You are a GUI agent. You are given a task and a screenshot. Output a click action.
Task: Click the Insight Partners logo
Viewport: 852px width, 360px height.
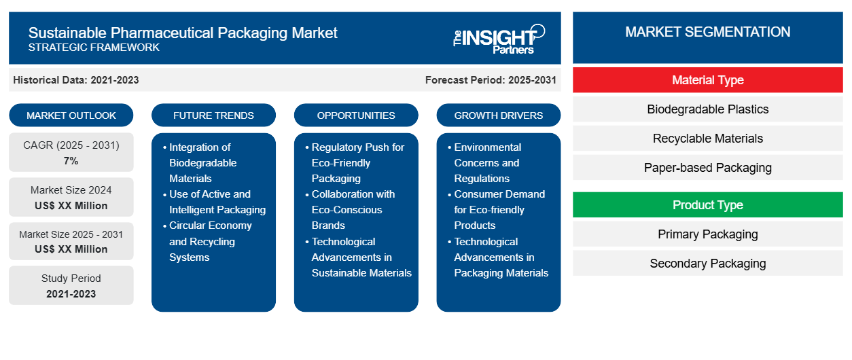coord(499,39)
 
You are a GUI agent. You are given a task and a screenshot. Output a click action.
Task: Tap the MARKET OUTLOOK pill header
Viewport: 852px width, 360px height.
coord(71,115)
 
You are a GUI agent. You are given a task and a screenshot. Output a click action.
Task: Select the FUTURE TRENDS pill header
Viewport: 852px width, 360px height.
coord(213,115)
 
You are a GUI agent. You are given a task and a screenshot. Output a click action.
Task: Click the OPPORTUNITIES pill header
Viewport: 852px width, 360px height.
coord(356,115)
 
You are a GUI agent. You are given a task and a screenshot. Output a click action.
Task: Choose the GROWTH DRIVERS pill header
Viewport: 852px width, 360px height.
coord(498,115)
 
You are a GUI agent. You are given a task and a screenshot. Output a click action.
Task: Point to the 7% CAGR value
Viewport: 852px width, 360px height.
coord(71,161)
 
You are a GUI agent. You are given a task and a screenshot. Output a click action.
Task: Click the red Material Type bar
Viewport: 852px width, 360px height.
coord(707,80)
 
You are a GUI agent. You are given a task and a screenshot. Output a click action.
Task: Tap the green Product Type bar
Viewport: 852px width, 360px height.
coord(707,205)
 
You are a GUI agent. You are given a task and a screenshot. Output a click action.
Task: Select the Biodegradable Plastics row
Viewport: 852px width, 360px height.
coord(707,109)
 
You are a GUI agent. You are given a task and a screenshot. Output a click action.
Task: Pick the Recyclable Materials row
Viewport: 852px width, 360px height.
coord(707,139)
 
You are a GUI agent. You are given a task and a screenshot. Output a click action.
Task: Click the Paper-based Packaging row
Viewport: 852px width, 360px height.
coord(707,168)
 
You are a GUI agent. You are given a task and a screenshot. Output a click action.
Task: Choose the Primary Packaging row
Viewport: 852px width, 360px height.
coord(707,234)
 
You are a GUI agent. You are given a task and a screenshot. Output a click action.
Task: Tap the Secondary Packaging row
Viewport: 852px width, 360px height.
coord(707,264)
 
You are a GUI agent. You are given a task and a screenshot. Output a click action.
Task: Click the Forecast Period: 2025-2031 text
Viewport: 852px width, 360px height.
coord(491,80)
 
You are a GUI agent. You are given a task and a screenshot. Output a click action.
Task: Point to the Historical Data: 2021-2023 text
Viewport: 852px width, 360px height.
coord(76,80)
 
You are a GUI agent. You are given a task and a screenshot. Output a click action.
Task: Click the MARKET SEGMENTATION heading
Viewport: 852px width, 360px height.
coord(707,32)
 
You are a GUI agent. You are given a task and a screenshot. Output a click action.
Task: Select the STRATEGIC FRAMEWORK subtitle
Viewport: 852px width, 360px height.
coord(94,48)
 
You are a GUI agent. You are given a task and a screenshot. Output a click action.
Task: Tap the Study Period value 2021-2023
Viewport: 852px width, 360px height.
coord(71,294)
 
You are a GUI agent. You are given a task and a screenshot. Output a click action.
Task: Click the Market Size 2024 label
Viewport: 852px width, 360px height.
coord(71,190)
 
